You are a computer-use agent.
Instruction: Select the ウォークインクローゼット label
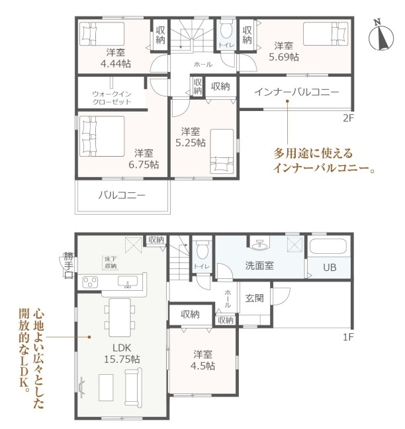[x=112, y=98]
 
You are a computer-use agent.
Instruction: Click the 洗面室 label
[x=260, y=266]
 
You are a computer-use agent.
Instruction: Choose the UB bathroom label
[x=329, y=268]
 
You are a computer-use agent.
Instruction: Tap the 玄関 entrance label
[x=255, y=298]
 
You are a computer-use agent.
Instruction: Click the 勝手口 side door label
[x=68, y=265]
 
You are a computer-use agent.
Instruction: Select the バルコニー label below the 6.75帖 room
[x=122, y=196]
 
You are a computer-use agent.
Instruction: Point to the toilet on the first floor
[x=201, y=250]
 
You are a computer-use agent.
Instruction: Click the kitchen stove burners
[x=91, y=282]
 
